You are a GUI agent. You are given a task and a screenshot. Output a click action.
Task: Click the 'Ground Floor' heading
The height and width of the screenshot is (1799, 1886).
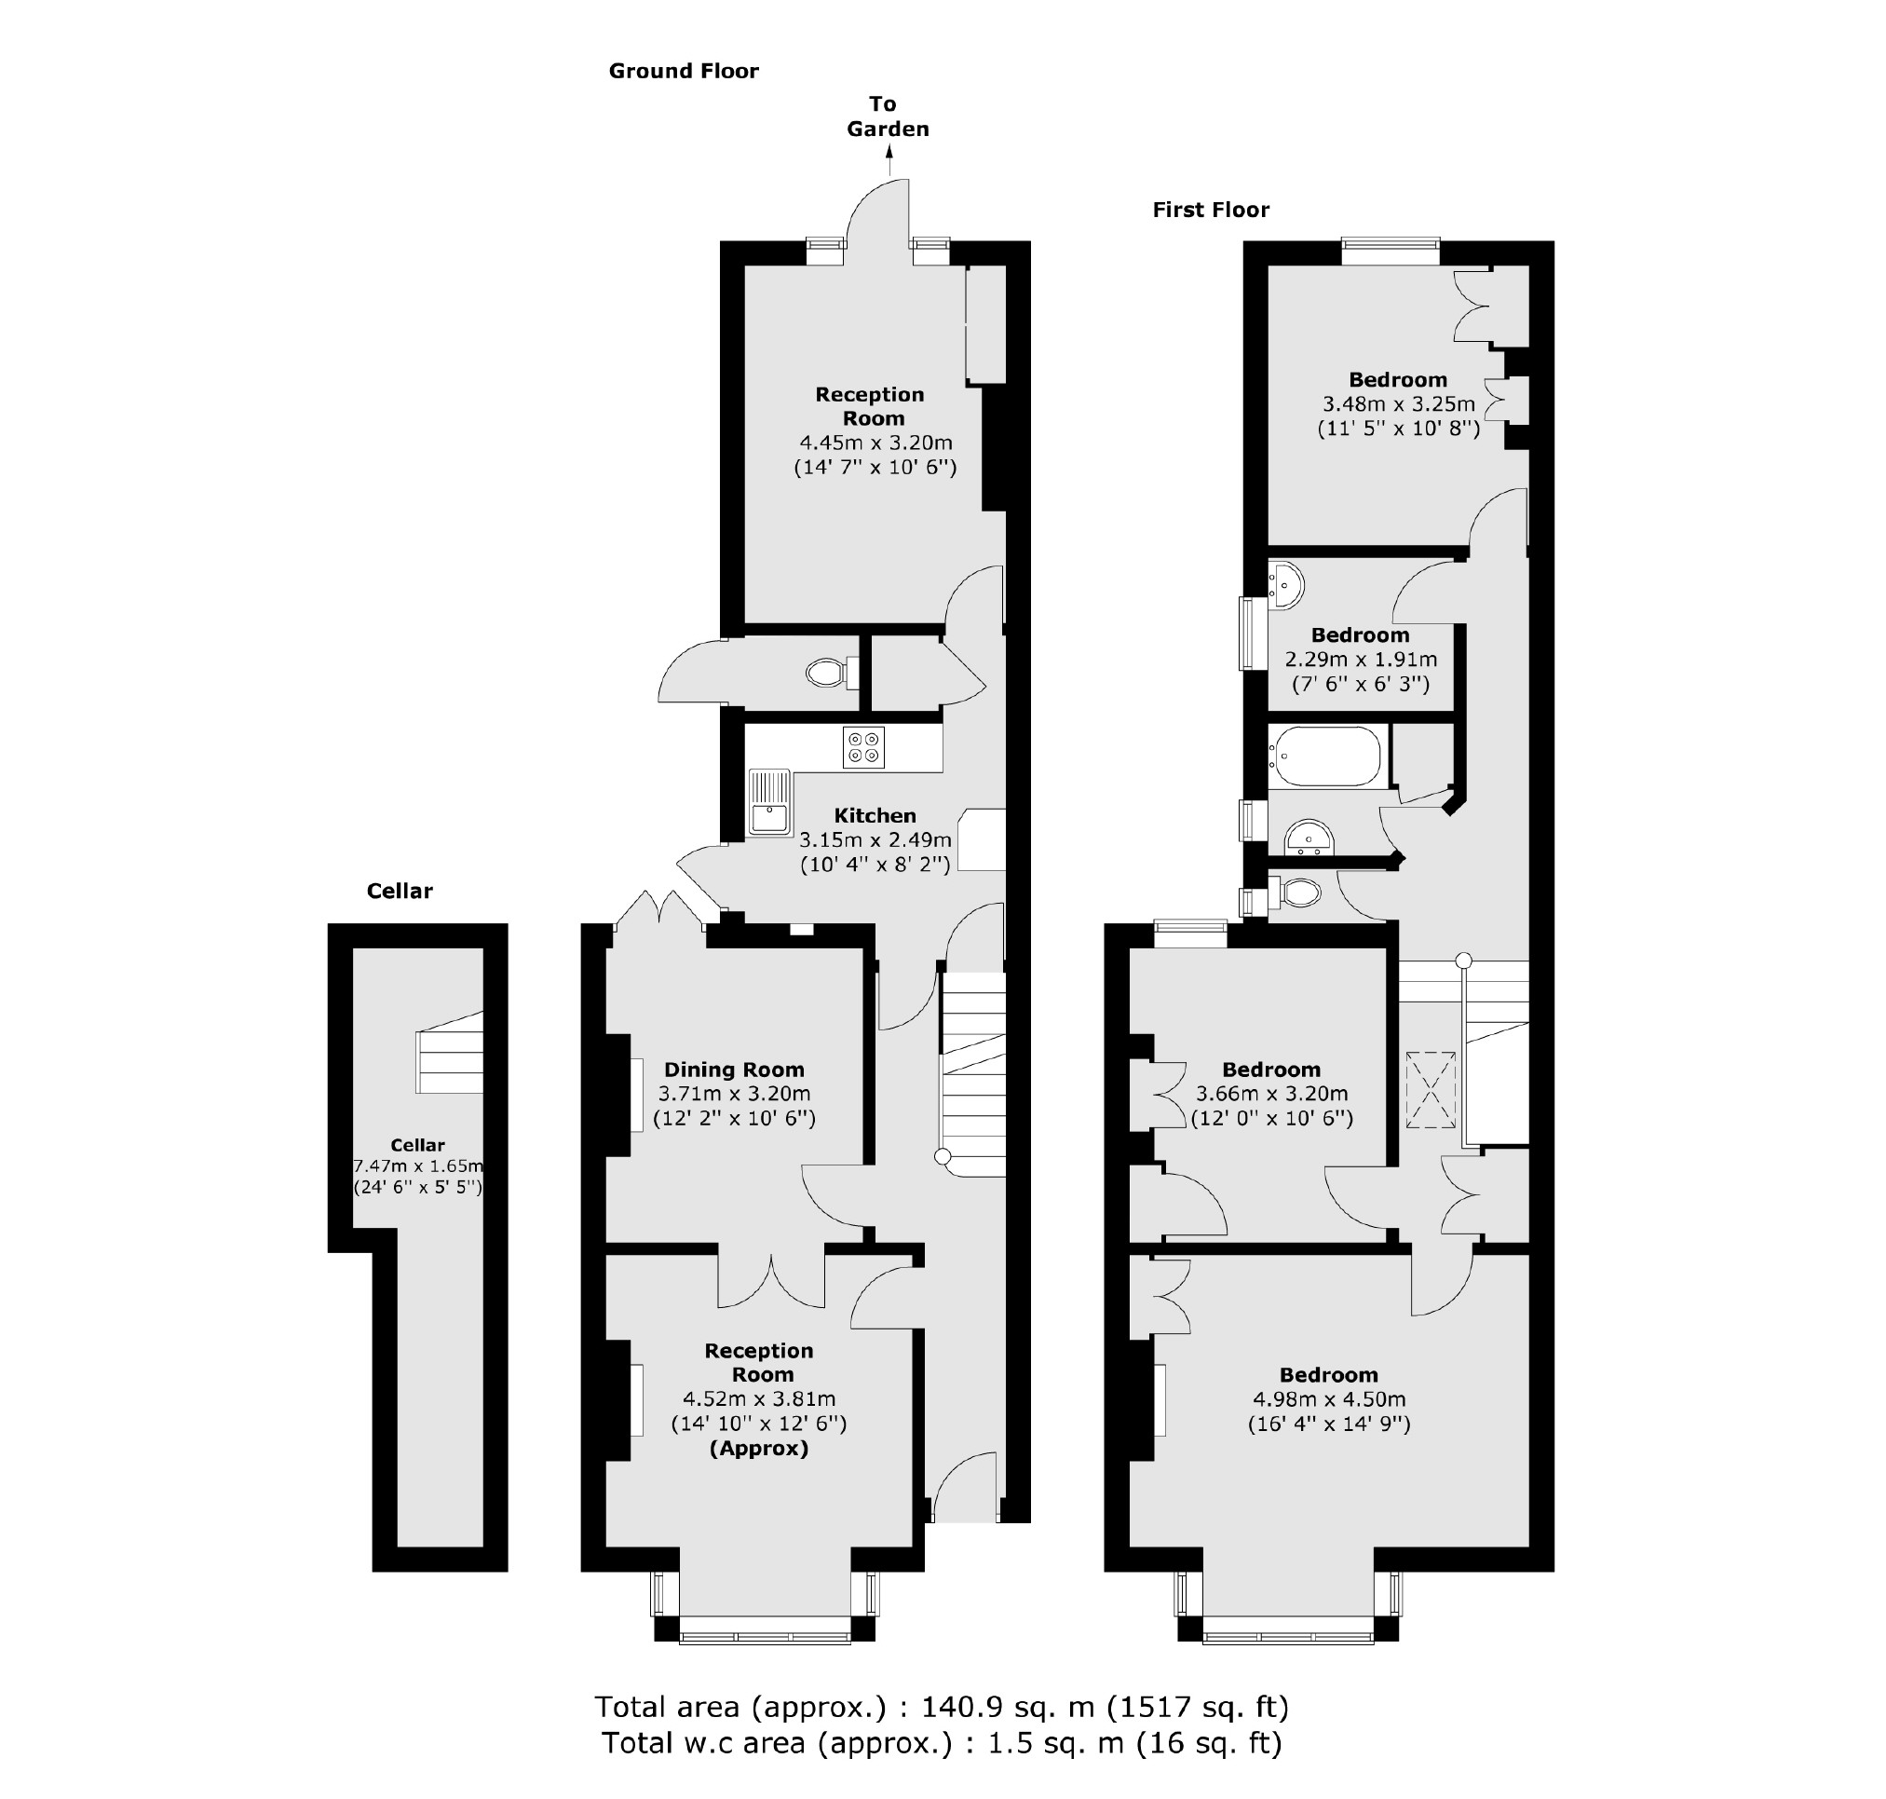(683, 71)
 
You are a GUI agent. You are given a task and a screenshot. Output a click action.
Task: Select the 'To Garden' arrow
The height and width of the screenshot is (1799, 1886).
(888, 159)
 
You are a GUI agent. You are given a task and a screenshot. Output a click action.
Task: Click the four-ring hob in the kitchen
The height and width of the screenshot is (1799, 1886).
(863, 747)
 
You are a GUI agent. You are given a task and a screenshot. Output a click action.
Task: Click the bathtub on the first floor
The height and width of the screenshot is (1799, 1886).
(1325, 756)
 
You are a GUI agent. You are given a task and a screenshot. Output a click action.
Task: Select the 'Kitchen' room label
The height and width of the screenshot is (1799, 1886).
(875, 815)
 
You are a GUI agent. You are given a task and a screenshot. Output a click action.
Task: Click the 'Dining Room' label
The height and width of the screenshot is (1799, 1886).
(734, 1070)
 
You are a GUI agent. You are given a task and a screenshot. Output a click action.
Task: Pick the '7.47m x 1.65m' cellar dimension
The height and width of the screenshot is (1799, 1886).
(418, 1166)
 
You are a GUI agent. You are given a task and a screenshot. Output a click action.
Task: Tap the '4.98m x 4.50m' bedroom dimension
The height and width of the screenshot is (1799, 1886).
(1328, 1398)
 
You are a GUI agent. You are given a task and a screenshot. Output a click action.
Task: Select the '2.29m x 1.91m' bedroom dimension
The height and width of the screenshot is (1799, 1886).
(1360, 659)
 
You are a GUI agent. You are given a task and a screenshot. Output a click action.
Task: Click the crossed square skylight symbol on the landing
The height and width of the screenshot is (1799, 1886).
(1430, 1090)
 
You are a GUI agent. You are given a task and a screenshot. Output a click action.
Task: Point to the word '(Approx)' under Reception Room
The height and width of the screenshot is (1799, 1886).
(758, 1448)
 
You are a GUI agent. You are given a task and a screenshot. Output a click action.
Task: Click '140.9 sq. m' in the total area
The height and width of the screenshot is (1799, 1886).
(1008, 1707)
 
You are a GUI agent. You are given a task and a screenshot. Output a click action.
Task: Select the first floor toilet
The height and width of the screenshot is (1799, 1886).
(1298, 893)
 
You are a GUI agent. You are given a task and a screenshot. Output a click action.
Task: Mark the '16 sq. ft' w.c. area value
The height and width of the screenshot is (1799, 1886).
(1208, 1742)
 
